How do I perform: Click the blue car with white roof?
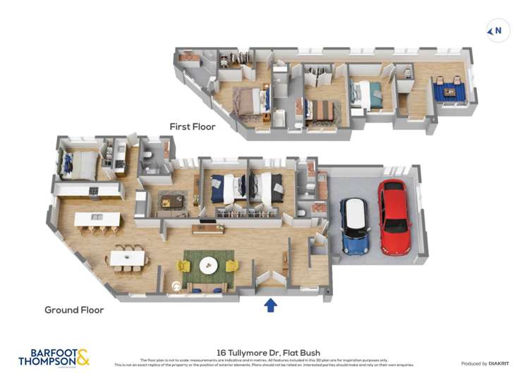click(x=355, y=226)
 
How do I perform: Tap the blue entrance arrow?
click(x=270, y=305)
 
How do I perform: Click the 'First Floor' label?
click(x=192, y=126)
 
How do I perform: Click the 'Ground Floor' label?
click(x=74, y=310)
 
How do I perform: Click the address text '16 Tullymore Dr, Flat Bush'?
click(x=264, y=351)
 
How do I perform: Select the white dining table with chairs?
click(x=127, y=258)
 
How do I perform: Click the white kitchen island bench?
click(x=97, y=219)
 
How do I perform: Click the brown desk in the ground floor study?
click(x=173, y=200)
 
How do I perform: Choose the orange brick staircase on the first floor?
click(x=188, y=57)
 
